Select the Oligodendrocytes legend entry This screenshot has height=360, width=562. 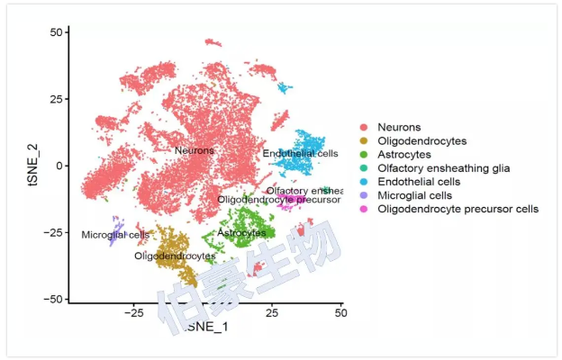(421, 141)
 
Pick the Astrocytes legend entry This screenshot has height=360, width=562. (406, 155)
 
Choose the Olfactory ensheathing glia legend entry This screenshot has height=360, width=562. (443, 168)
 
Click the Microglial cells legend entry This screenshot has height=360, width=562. (415, 195)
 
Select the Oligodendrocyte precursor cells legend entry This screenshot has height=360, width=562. (458, 209)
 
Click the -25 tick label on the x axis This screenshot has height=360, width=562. (134, 313)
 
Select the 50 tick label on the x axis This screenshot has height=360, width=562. (340, 313)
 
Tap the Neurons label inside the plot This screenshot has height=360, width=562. (195, 150)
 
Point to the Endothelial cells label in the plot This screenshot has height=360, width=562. (301, 155)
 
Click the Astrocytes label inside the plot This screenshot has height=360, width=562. (241, 233)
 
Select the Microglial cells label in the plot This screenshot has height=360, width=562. (115, 235)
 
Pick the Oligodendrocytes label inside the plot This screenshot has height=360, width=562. (175, 256)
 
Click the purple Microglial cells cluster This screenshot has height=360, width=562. (114, 230)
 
